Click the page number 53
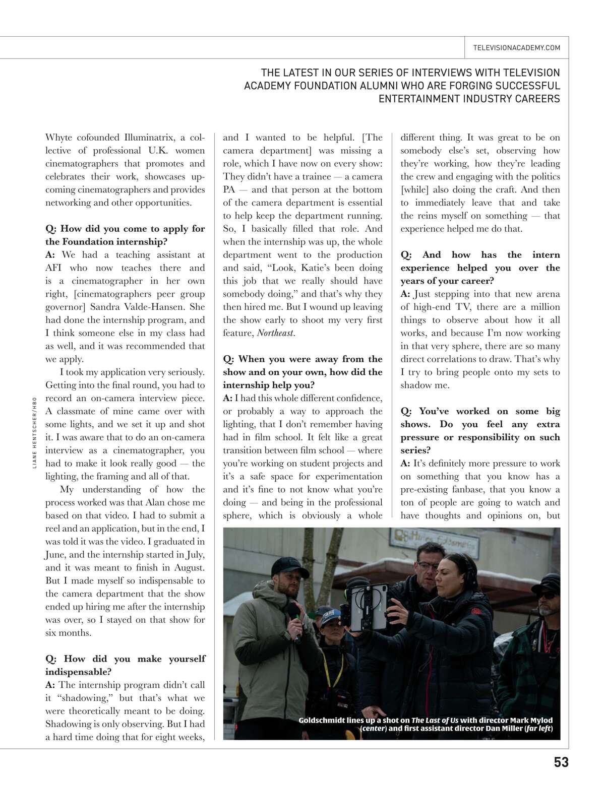click(561, 762)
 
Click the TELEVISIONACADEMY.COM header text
click(517, 48)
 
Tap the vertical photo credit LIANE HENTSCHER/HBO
click(34, 433)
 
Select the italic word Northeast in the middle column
click(276, 333)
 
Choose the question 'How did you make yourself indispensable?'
click(125, 665)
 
